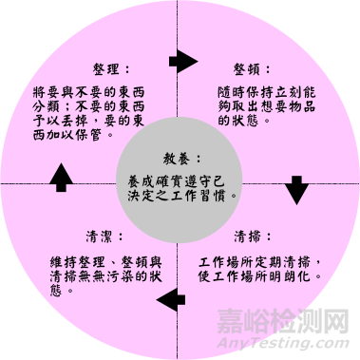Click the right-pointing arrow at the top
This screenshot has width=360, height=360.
click(180, 64)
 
